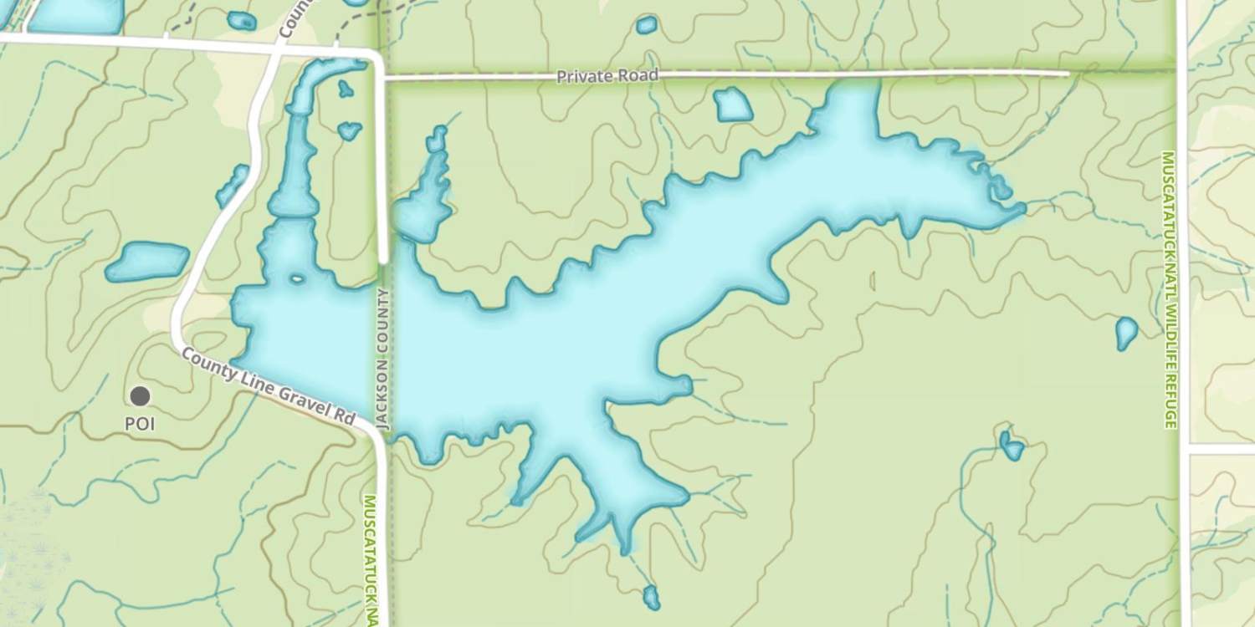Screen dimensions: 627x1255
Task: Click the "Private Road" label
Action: [x=608, y=76]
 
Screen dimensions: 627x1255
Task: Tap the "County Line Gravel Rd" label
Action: [x=269, y=386]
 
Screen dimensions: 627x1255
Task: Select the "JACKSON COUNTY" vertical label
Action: [x=383, y=359]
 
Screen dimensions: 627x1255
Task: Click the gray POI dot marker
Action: [x=140, y=396]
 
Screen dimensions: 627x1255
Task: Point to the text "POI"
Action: [x=140, y=424]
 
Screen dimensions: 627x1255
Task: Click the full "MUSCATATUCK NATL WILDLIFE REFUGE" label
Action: [x=1169, y=289]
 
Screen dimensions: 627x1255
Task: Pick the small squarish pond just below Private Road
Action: [x=733, y=104]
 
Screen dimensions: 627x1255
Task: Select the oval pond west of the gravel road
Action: [x=147, y=261]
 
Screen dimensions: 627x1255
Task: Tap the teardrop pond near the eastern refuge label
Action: [x=1126, y=333]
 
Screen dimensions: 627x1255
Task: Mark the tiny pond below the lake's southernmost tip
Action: [x=651, y=597]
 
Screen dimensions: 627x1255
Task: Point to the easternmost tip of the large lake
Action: [x=1022, y=207]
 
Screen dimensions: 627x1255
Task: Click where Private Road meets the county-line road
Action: [x=382, y=77]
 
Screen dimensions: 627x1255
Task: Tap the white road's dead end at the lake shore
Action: [x=383, y=261]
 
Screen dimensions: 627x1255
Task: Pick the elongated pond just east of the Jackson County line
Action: [x=427, y=192]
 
